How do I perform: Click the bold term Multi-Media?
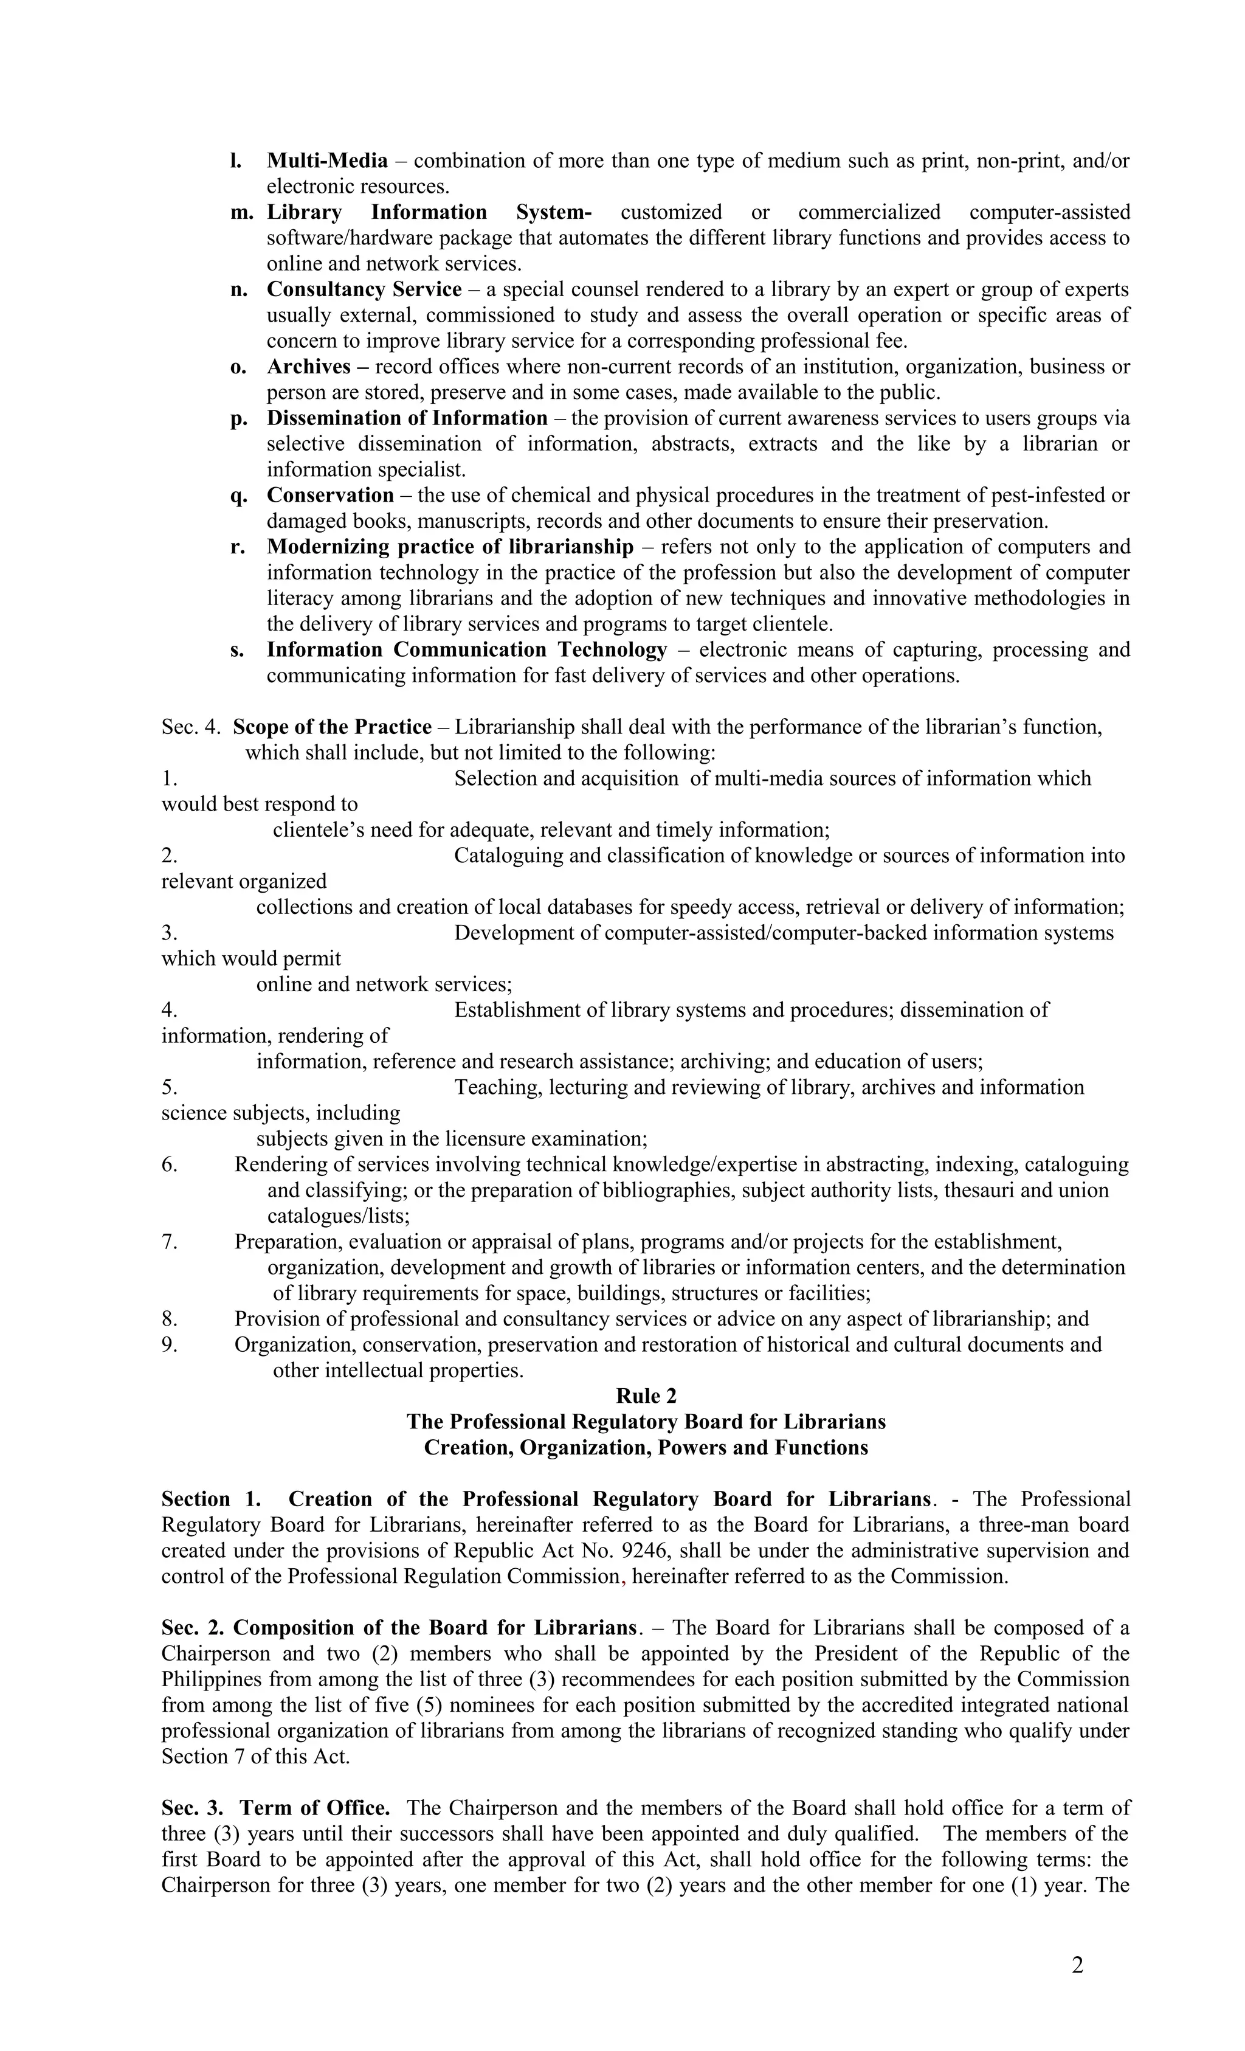(327, 161)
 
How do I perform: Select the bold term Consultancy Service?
(364, 289)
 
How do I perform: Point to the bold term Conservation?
(329, 496)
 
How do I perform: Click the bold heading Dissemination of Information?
(407, 418)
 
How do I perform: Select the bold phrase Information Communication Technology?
(466, 649)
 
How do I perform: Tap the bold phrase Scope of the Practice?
(332, 727)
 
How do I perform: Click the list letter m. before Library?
(241, 212)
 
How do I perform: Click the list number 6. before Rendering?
(170, 1164)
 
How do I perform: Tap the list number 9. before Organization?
(170, 1344)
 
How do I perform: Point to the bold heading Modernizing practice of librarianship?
(449, 547)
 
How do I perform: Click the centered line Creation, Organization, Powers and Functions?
(645, 1448)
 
